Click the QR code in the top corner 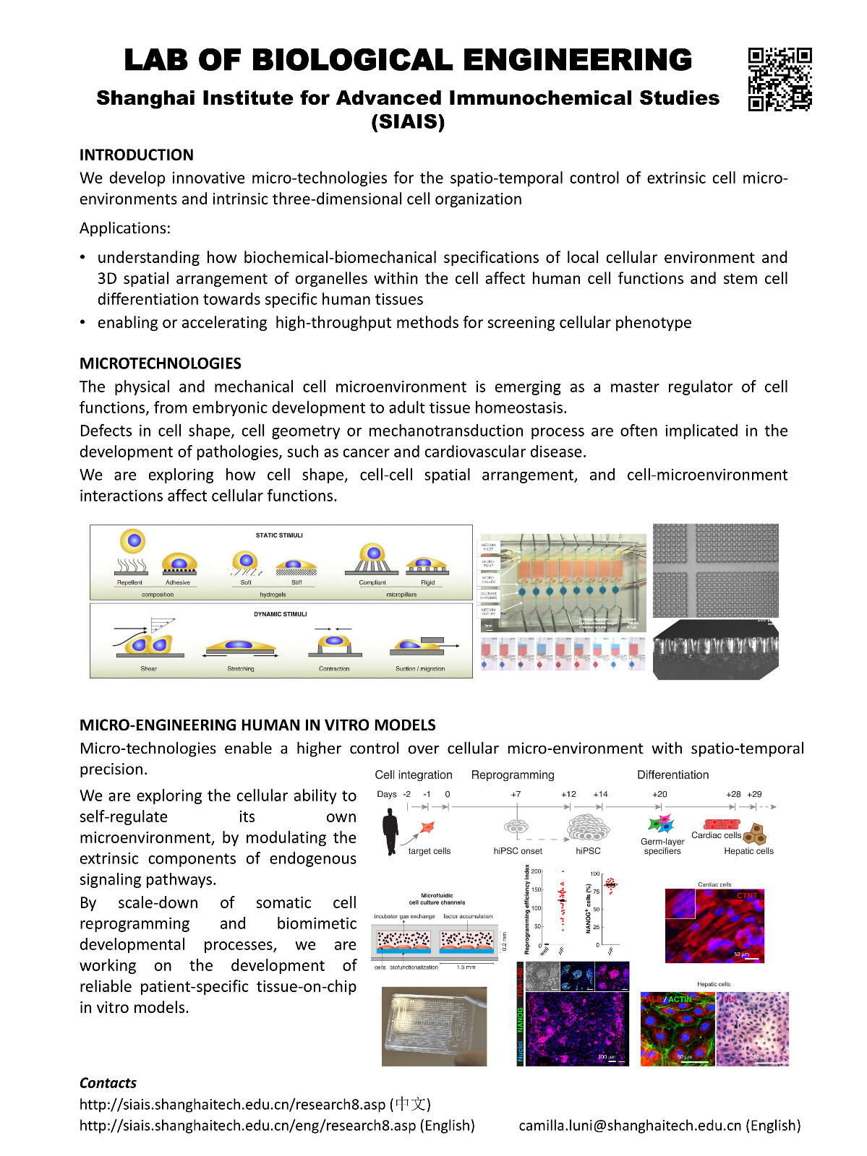point(780,79)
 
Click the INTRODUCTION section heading point(137,155)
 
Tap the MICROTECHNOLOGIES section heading point(161,363)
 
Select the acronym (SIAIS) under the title point(408,121)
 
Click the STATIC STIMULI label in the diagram point(279,535)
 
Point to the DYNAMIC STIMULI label point(281,614)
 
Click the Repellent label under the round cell point(130,582)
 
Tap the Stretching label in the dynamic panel point(241,669)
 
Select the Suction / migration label point(420,669)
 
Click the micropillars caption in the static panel point(401,595)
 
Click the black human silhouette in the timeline point(390,832)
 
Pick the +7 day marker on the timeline point(516,794)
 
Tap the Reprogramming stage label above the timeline point(513,775)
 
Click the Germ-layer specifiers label point(662,846)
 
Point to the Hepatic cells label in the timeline point(748,851)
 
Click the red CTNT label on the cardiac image point(747,896)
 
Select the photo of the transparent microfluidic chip point(434,1026)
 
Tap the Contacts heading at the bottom point(108,1083)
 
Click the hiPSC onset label point(518,851)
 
